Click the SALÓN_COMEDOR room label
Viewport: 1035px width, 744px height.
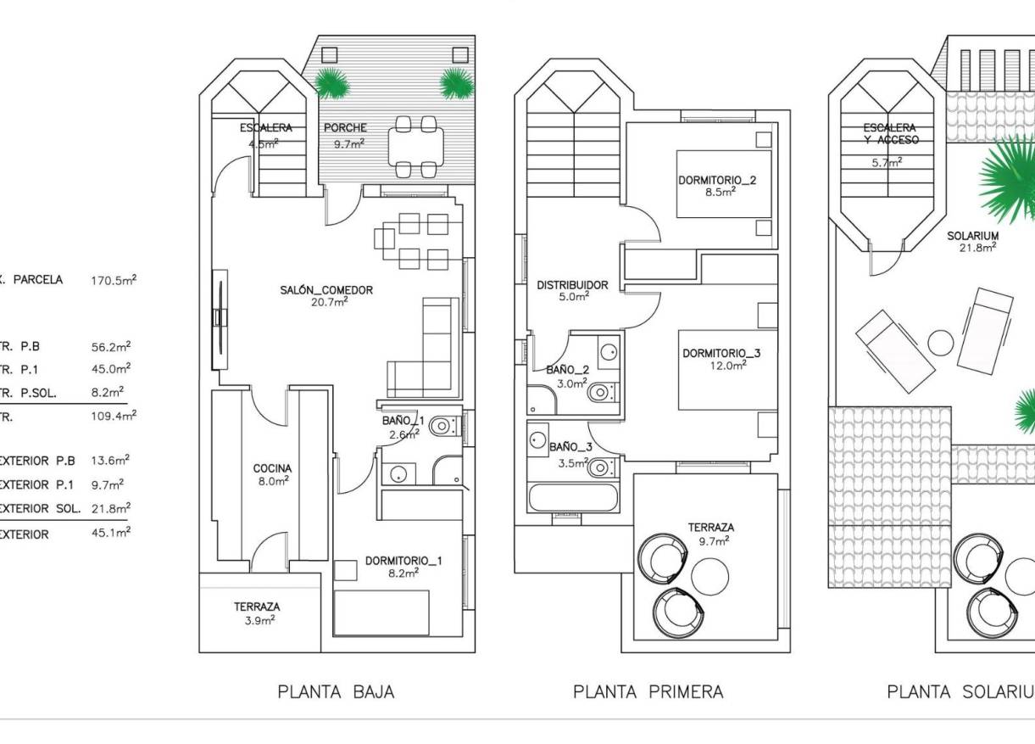click(x=326, y=290)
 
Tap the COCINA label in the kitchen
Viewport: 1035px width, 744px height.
click(x=272, y=468)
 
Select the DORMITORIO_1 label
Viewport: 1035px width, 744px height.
click(x=403, y=561)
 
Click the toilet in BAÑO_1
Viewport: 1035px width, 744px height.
click(x=441, y=426)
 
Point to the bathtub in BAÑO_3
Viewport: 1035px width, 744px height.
click(x=572, y=497)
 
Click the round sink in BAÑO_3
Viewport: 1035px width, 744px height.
click(x=537, y=439)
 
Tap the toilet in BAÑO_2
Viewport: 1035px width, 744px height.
click(x=601, y=392)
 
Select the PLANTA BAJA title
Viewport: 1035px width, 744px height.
click(x=336, y=692)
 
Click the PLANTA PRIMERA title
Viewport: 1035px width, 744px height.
click(x=648, y=692)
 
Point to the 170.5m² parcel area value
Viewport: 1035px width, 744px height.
click(x=114, y=280)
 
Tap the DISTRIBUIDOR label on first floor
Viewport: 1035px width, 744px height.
click(x=572, y=285)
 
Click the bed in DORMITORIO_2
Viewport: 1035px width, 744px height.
click(x=724, y=184)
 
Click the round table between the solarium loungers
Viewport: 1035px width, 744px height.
click(x=941, y=343)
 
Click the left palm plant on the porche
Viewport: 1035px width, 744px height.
click(x=333, y=83)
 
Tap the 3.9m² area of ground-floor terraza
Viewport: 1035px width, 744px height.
click(x=257, y=620)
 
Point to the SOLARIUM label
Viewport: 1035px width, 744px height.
click(x=972, y=236)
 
